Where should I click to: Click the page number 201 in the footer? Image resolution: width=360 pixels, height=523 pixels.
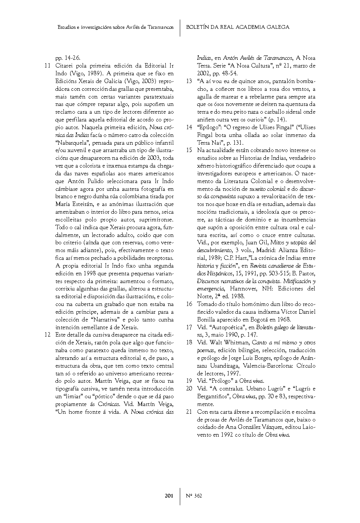click(169, 496)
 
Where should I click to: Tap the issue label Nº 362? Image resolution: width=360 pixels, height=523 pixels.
click(194, 496)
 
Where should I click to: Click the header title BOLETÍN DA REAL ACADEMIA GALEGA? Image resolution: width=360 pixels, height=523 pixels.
click(237, 27)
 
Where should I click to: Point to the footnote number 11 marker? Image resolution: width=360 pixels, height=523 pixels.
click(47, 66)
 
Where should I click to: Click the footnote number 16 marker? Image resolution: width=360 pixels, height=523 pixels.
click(189, 304)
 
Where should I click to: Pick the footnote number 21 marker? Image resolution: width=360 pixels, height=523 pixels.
click(189, 412)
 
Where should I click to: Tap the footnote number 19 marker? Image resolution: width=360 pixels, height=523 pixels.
click(189, 381)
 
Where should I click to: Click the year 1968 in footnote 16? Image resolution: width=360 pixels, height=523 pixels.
click(284, 320)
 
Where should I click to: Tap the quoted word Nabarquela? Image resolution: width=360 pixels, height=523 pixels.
click(72, 142)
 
